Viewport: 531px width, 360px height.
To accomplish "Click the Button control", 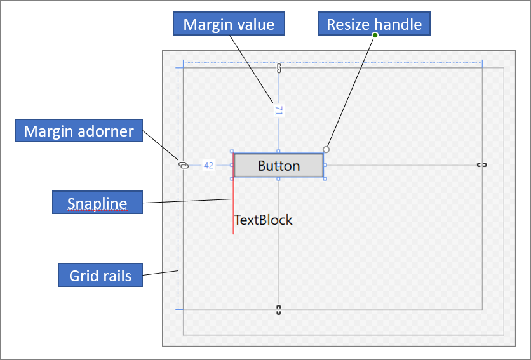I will (x=278, y=166).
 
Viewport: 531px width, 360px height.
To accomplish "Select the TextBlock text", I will (x=263, y=220).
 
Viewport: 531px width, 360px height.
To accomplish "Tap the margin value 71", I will (x=278, y=110).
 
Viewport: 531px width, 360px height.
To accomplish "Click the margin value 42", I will (x=208, y=165).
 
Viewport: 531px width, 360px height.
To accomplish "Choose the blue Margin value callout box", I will (x=229, y=25).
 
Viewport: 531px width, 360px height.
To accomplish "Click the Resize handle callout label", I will (x=374, y=25).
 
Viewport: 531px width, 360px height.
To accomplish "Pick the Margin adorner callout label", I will (x=79, y=131).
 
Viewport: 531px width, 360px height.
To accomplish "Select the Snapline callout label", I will (x=97, y=203).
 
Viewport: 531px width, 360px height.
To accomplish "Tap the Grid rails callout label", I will (x=100, y=276).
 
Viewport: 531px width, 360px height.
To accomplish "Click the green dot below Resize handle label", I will (x=375, y=35).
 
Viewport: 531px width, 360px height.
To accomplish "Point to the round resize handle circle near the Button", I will (x=326, y=149).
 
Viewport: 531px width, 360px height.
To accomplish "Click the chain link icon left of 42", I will (x=184, y=165).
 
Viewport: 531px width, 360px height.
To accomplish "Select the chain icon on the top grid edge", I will (x=278, y=69).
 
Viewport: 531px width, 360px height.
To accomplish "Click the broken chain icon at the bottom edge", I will (x=278, y=310).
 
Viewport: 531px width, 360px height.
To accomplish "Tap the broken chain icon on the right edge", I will (x=482, y=165).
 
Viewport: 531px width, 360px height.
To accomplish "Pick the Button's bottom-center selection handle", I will (x=278, y=179).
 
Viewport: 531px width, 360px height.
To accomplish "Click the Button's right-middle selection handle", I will (x=325, y=165).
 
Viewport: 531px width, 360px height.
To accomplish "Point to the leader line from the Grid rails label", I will (x=160, y=274).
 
